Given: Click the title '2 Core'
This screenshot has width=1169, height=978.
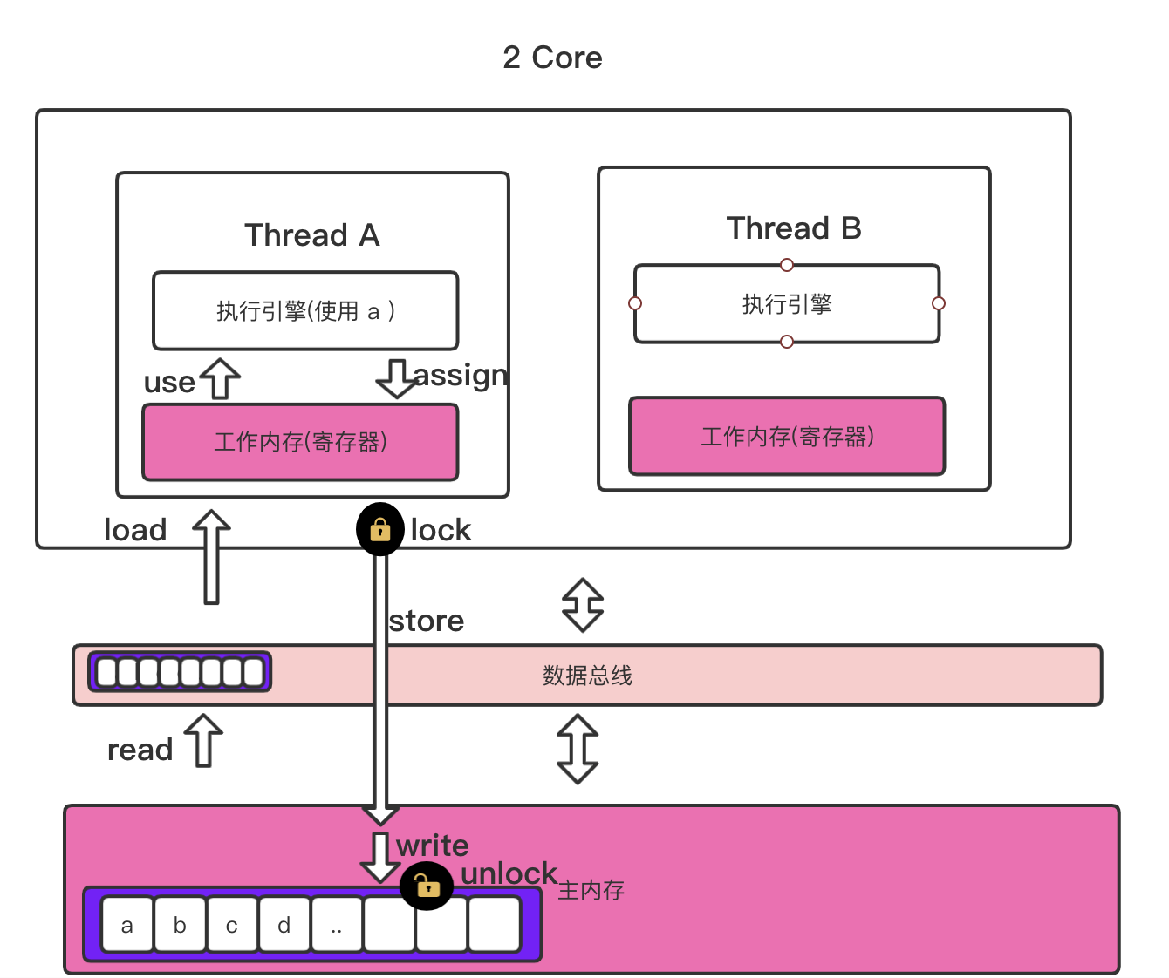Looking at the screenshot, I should click(552, 58).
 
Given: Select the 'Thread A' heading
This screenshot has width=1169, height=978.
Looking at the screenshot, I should click(311, 235).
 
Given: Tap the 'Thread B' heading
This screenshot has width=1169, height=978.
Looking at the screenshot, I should click(793, 228).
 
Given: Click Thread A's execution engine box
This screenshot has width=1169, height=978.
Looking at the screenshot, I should click(305, 311).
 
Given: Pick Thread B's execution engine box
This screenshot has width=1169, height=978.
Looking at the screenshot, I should click(787, 304).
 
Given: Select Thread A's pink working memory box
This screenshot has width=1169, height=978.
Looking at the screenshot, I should click(300, 442).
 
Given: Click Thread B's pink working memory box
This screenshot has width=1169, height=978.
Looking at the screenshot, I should click(787, 437).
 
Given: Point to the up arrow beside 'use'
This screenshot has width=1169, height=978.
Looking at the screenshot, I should click(220, 378).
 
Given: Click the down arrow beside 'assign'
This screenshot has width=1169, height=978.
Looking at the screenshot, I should click(397, 378).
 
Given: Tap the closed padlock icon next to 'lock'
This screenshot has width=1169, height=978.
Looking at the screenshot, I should click(380, 529).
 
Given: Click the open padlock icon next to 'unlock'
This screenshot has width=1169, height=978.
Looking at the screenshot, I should click(427, 886).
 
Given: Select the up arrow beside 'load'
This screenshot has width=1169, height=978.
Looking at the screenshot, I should click(211, 556).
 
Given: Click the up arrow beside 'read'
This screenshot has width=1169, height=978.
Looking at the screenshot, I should click(204, 740).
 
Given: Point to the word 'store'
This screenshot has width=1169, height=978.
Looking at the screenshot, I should click(427, 621).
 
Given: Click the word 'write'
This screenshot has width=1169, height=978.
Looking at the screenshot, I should click(433, 846).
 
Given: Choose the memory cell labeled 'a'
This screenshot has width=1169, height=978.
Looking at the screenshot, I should click(127, 925).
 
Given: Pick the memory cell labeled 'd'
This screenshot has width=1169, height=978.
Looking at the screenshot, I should click(284, 925).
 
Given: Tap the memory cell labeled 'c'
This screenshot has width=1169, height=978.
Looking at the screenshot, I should click(232, 925).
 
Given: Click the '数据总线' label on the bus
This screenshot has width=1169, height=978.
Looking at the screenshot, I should click(587, 676).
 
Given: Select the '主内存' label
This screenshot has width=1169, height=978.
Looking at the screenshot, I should click(591, 890).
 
